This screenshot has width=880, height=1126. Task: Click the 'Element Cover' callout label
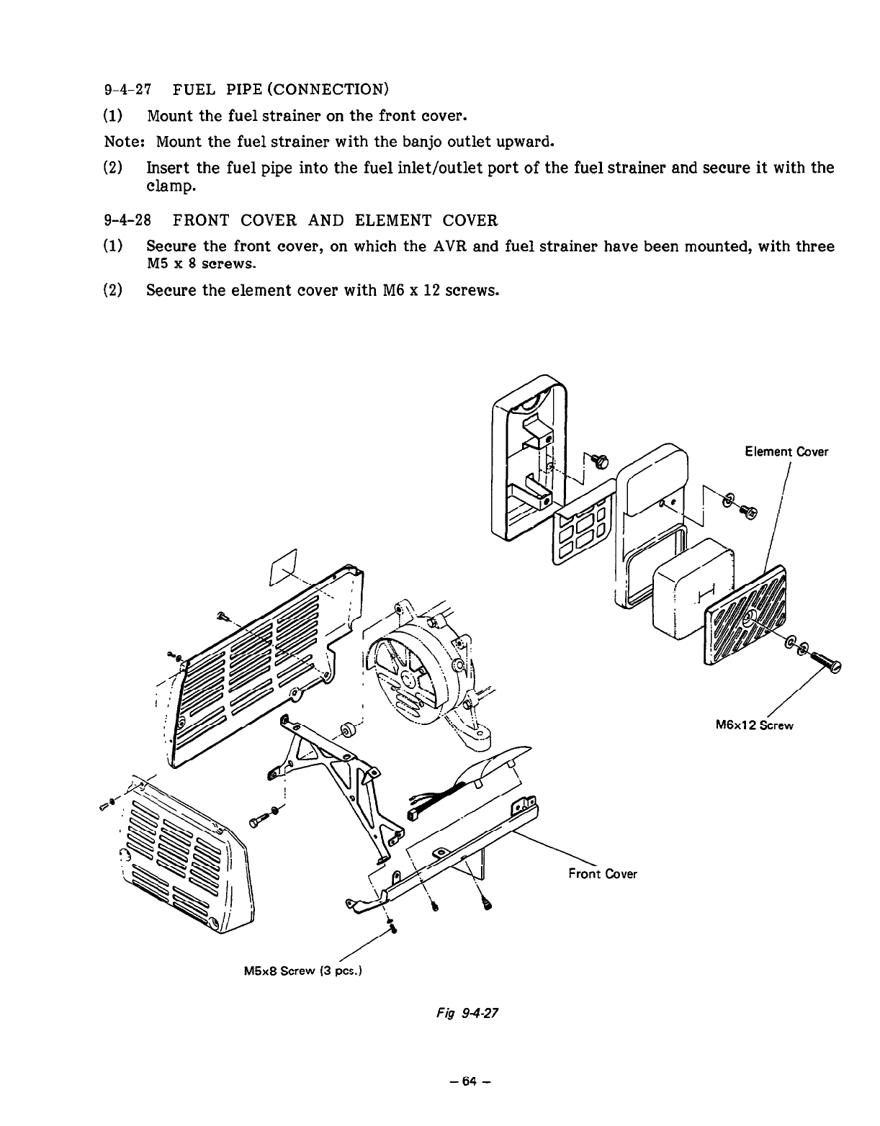tap(786, 452)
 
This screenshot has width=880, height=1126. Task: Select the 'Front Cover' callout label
tap(602, 874)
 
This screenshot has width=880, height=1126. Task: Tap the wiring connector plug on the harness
tap(416, 815)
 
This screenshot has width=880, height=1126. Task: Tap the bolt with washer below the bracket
tap(264, 818)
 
